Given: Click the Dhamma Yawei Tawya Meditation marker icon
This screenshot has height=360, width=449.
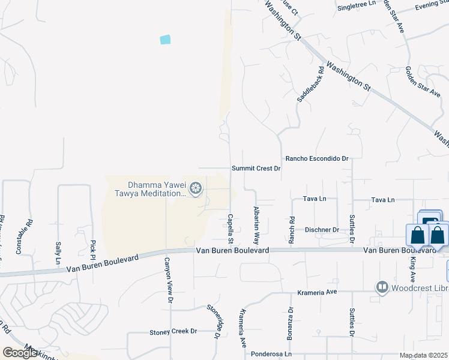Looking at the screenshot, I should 195,190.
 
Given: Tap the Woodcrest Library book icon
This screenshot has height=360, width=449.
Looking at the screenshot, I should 382,287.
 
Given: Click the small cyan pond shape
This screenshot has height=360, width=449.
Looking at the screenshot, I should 165,40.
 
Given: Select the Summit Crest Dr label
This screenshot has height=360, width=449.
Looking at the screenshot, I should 257,169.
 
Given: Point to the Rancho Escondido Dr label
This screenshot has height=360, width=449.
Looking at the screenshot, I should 317,158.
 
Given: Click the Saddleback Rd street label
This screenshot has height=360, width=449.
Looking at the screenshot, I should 310,83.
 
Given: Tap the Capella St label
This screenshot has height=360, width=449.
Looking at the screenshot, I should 231,225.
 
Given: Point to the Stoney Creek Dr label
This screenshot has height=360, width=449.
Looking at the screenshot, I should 173,331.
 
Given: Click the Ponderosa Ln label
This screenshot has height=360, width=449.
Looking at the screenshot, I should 271,354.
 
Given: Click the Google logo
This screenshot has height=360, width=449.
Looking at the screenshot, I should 19,353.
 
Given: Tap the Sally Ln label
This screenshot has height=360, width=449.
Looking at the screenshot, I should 58,253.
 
